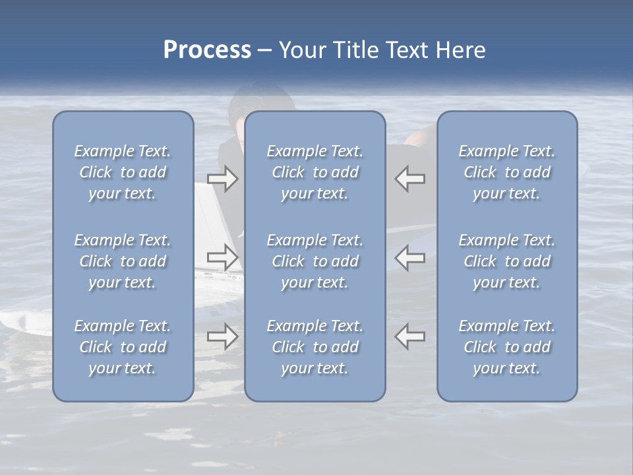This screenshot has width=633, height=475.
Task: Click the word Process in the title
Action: (x=207, y=50)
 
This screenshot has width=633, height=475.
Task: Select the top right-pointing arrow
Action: (x=223, y=179)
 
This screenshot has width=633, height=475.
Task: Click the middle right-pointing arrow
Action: (x=223, y=257)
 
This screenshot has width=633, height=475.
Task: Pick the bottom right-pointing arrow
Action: (x=223, y=336)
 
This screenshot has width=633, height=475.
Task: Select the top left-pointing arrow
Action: (x=410, y=179)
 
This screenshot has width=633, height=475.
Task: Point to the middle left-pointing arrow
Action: (x=410, y=257)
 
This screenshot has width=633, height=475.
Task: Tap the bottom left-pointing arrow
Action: (x=410, y=336)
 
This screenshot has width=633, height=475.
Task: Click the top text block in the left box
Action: (x=123, y=172)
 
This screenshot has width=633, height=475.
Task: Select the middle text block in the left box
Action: (x=123, y=261)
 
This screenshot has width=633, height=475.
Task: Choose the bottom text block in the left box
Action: (x=123, y=347)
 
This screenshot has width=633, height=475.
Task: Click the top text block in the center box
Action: (x=315, y=172)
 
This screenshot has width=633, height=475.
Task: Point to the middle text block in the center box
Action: (x=315, y=261)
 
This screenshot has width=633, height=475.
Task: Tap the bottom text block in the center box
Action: (x=315, y=347)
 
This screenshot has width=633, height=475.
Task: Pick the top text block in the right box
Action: (x=507, y=172)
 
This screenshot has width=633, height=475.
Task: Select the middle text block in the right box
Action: (x=507, y=261)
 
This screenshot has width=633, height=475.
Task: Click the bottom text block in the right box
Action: (x=507, y=347)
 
